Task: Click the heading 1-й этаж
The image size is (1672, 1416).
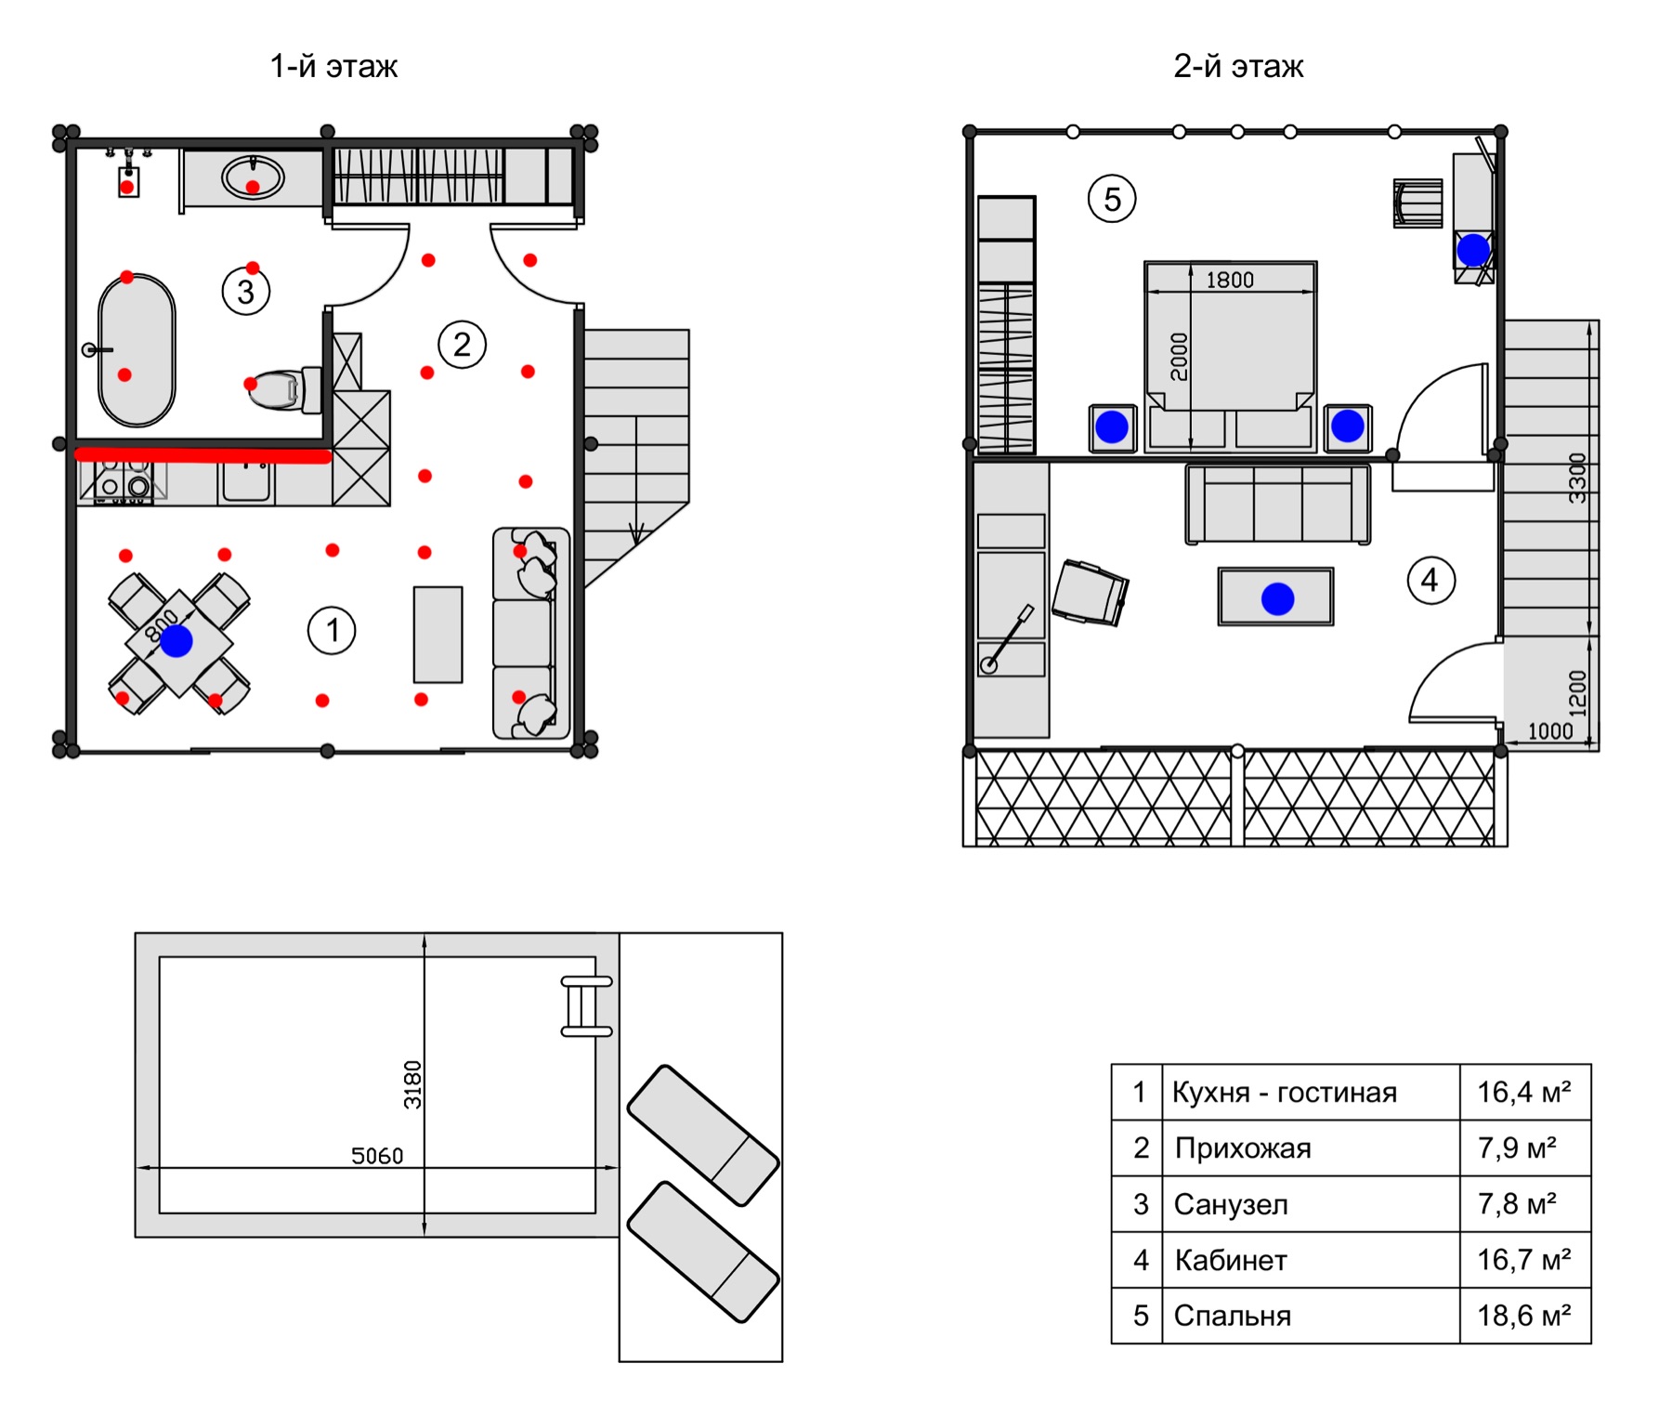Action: (x=333, y=67)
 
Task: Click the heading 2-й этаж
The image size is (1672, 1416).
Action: (x=1238, y=67)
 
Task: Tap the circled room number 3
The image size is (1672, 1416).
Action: (x=246, y=292)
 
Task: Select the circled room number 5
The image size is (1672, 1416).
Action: (x=1112, y=199)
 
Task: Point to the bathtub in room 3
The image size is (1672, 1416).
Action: (x=137, y=350)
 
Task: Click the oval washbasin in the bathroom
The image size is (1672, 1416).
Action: (x=253, y=177)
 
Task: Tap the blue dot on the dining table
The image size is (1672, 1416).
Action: (x=176, y=640)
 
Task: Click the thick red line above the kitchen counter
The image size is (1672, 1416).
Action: (x=202, y=455)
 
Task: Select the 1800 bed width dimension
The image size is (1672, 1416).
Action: (x=1230, y=280)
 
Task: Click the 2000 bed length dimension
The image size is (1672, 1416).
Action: (x=1179, y=357)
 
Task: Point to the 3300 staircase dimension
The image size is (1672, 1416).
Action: (x=1577, y=478)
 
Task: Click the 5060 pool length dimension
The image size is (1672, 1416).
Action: (x=377, y=1156)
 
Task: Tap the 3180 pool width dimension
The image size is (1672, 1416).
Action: (x=412, y=1084)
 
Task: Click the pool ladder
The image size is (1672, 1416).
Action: (x=586, y=1006)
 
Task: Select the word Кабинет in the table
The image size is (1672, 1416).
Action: (x=1231, y=1260)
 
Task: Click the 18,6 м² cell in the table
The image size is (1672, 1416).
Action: (x=1524, y=1316)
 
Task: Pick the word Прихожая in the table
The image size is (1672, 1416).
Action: (x=1243, y=1148)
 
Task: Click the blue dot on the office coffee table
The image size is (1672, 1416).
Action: (x=1278, y=598)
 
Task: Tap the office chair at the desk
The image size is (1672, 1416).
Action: (x=1091, y=593)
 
